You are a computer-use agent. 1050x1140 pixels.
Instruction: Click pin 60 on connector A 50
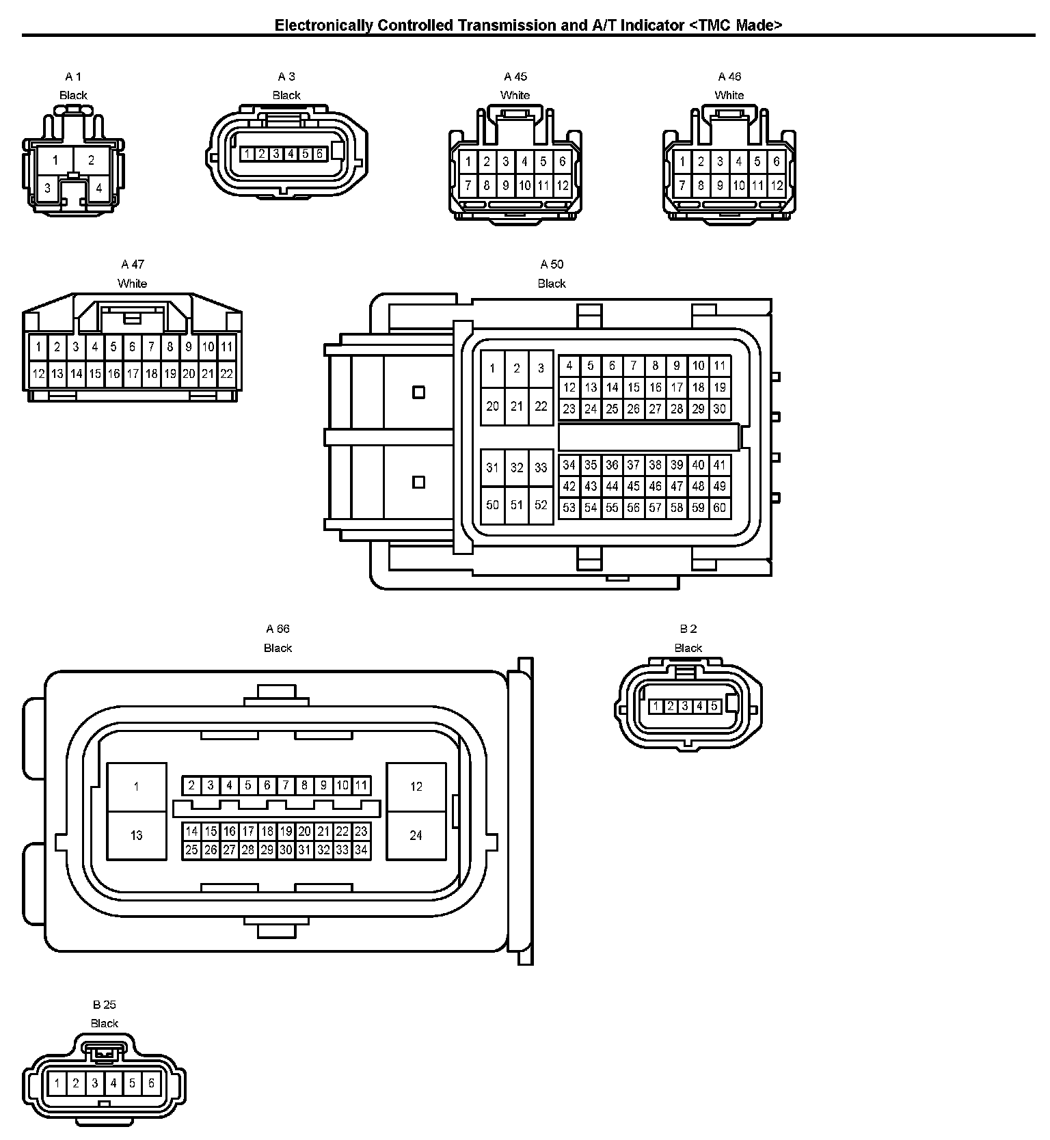pos(719,508)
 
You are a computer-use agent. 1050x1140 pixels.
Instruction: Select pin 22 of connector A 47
pos(226,374)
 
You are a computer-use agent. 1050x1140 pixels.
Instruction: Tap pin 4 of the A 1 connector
pos(98,188)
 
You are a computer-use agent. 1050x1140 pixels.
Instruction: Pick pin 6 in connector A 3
pos(319,154)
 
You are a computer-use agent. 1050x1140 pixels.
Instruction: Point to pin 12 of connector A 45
pos(562,185)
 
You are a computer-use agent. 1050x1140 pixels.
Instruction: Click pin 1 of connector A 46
pos(682,163)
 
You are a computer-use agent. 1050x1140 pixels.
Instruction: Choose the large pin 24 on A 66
pos(416,835)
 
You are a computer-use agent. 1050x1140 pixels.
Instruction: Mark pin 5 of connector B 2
pos(714,706)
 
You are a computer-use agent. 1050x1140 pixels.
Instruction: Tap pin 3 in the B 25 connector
pos(95,1083)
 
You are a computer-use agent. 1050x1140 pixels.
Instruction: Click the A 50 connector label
pos(552,264)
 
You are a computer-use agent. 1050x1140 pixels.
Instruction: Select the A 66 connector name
pos(278,629)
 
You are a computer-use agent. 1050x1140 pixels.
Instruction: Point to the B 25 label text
pos(105,1005)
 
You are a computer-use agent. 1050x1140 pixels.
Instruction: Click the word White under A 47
pos(132,284)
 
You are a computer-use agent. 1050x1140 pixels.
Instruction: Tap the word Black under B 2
pos(688,648)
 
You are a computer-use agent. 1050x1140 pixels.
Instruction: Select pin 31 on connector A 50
pos(492,468)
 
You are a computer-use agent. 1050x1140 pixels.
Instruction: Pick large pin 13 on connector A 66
pos(136,835)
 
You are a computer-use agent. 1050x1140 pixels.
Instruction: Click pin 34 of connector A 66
pos(362,850)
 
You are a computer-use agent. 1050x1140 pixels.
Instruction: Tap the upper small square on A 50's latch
pos(419,392)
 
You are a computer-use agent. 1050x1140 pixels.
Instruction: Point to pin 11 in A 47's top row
pos(226,347)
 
